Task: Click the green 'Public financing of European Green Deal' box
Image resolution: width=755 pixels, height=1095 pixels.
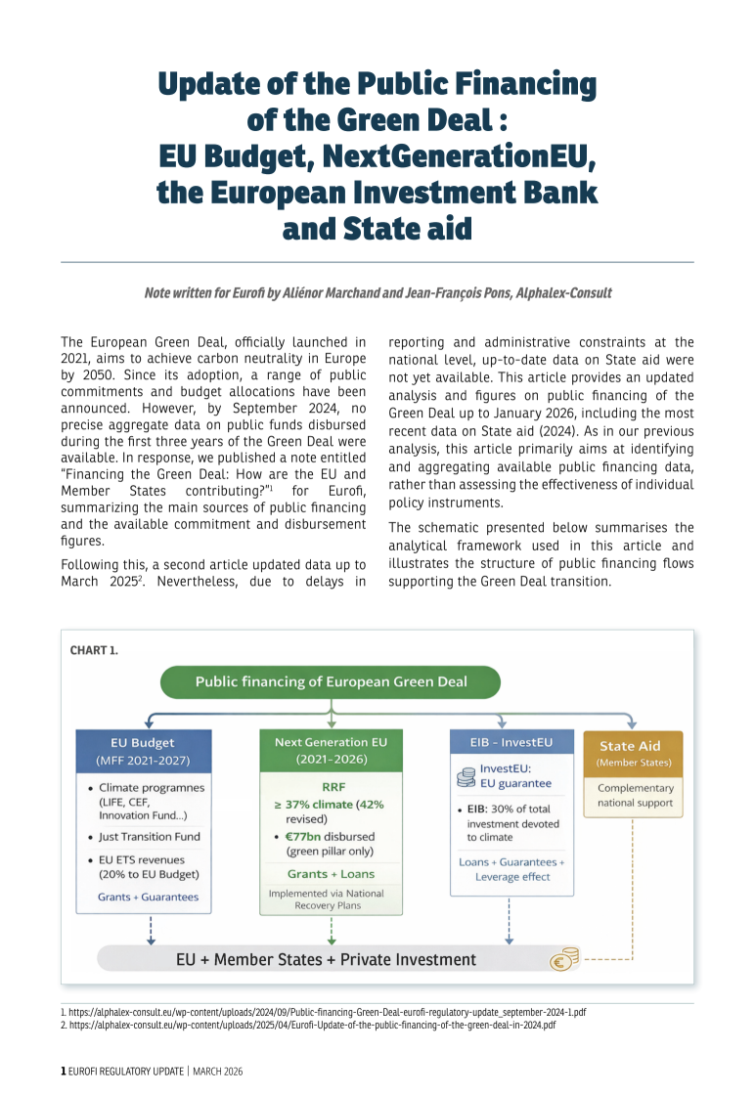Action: coord(331,681)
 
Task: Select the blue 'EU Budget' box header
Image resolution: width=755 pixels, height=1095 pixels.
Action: coord(150,751)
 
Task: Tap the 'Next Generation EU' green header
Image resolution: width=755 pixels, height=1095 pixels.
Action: coord(331,750)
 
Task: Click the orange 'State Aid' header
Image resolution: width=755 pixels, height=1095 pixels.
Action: coord(633,753)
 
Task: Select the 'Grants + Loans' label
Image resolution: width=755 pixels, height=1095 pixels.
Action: coord(331,873)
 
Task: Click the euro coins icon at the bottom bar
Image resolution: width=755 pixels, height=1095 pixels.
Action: coord(565,959)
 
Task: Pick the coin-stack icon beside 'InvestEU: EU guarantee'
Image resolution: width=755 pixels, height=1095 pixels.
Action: coord(466,776)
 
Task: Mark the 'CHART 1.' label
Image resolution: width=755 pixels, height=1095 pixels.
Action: coord(95,648)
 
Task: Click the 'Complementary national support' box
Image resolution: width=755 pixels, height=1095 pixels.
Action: coord(635,795)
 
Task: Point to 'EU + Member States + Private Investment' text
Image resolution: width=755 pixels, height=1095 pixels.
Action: coord(326,959)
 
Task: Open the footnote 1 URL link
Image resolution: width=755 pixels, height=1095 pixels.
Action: coord(328,1012)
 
